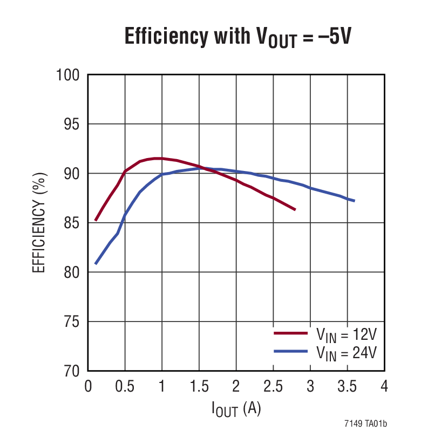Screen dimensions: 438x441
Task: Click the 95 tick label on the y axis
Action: tap(71, 124)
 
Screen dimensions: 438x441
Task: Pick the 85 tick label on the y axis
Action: tap(71, 223)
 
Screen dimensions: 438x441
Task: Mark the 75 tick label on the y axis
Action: tap(71, 321)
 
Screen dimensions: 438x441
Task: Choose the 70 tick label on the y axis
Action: tap(71, 371)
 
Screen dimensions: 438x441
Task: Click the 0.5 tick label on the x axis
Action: tap(125, 387)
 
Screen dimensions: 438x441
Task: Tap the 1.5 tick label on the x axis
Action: tap(199, 387)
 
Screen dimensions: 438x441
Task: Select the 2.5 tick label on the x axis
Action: tap(273, 387)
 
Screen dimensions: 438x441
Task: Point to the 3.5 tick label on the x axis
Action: tap(347, 387)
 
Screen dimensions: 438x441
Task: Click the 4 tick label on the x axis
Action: tap(384, 387)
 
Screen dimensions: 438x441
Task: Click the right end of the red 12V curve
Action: tap(295, 209)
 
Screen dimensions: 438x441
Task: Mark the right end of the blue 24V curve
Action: tap(354, 201)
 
